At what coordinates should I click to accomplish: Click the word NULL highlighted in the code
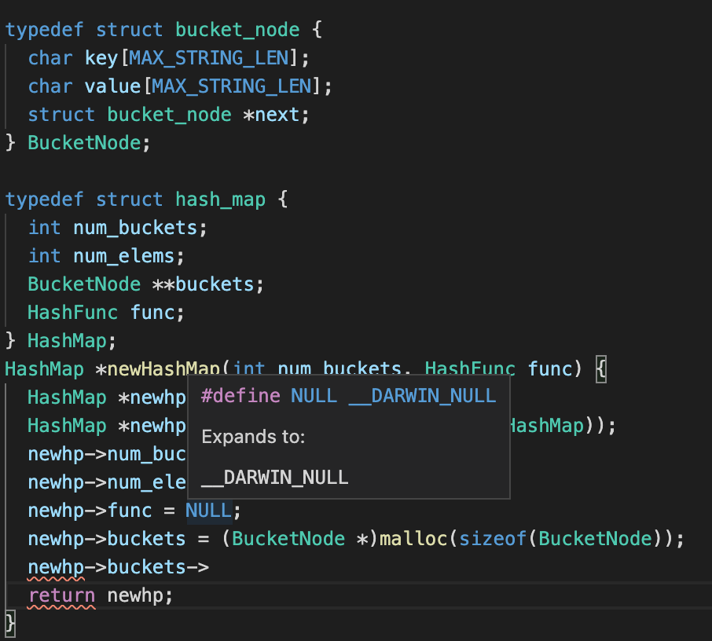[x=208, y=511]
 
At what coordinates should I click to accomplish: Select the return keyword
[x=61, y=595]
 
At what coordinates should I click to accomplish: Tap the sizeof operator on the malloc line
[x=482, y=539]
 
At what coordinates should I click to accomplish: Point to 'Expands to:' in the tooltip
[x=253, y=437]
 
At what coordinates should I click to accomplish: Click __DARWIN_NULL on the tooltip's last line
[x=275, y=478]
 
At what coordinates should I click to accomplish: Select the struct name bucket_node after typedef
[x=237, y=30]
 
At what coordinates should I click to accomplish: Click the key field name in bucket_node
[x=101, y=58]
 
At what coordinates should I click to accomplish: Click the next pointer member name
[x=277, y=115]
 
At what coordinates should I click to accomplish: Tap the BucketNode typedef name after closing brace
[x=84, y=143]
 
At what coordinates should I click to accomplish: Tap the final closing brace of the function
[x=9, y=624]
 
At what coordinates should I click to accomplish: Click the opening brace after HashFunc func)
[x=601, y=369]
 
